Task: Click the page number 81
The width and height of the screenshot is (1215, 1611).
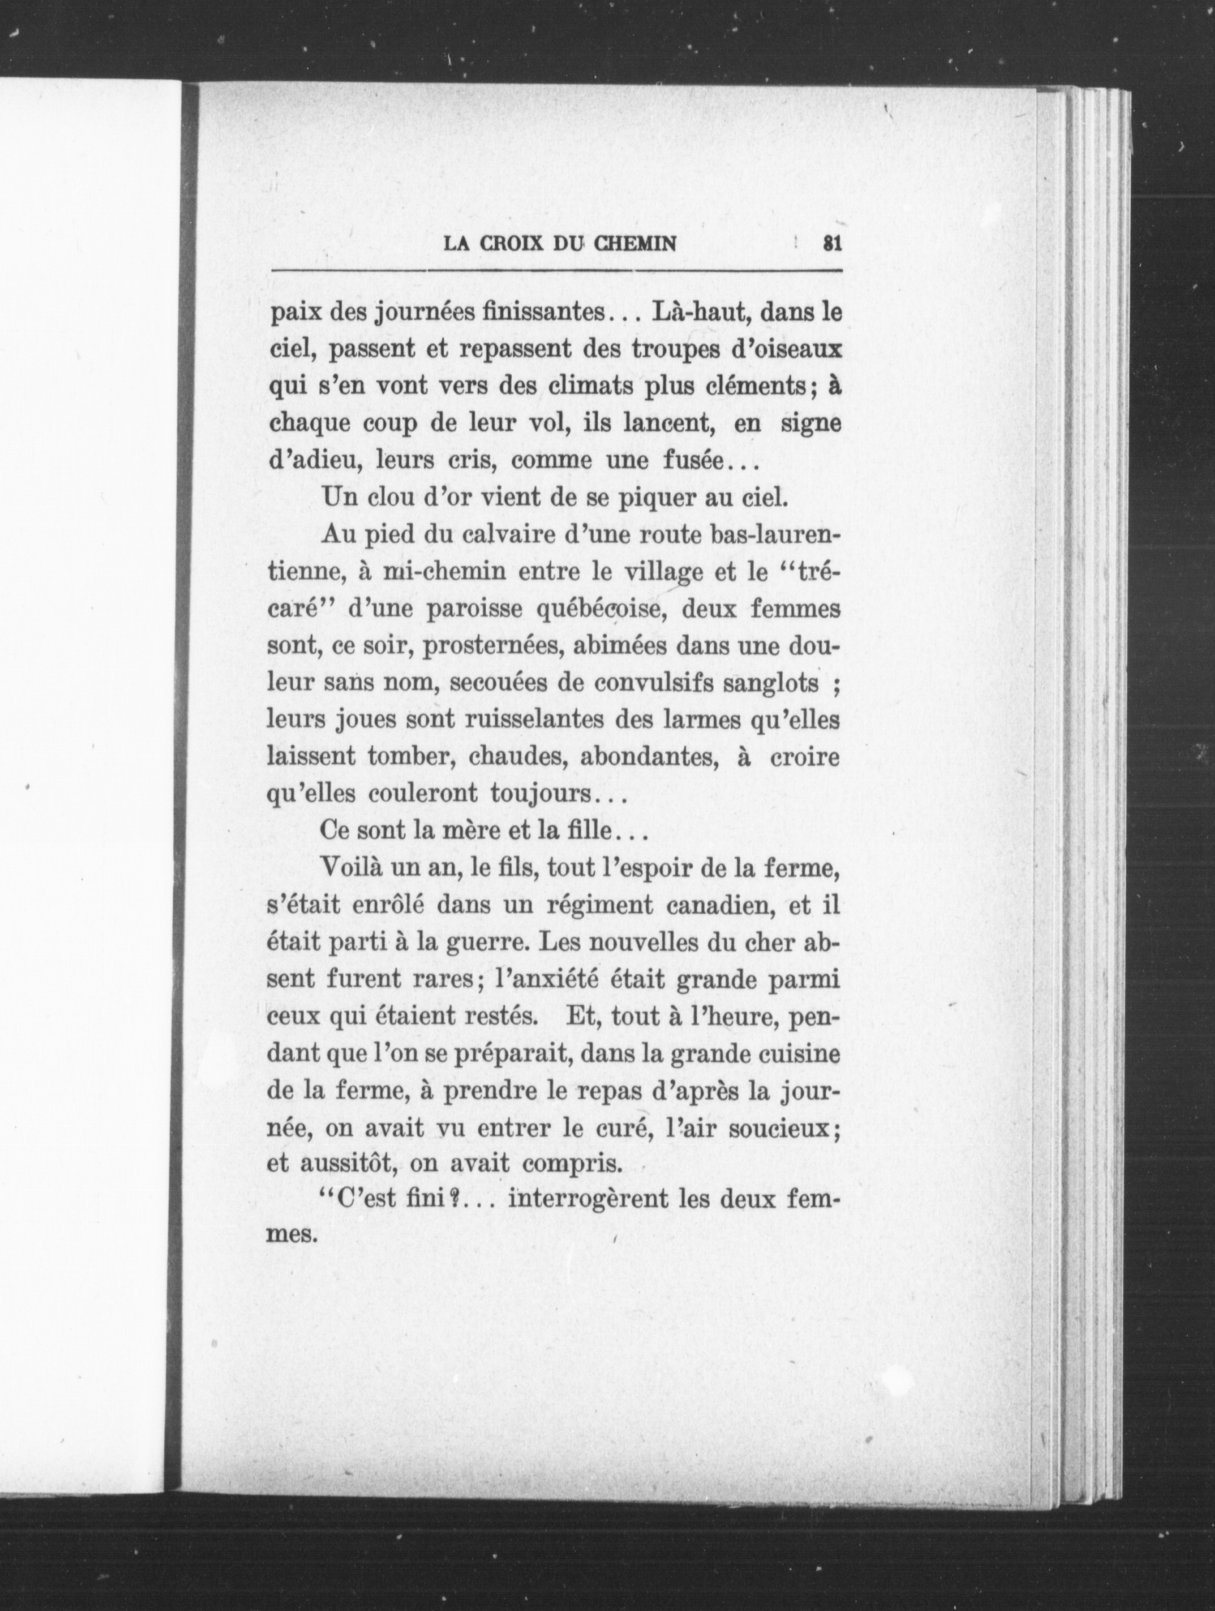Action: (831, 243)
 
